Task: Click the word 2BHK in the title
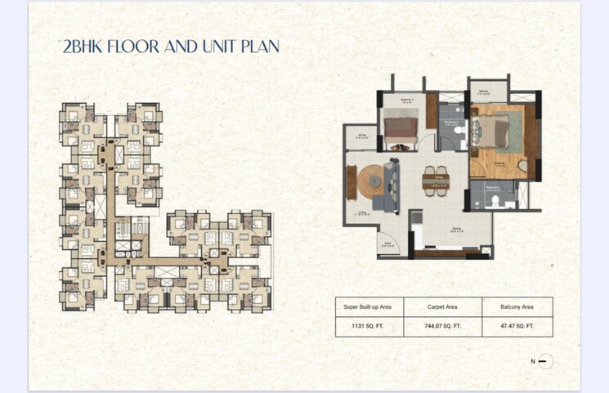tap(85, 46)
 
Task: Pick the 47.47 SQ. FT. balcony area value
tap(517, 325)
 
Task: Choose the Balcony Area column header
tap(517, 306)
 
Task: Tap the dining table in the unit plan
tap(435, 178)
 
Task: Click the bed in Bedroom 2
tap(401, 128)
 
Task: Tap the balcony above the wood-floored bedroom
tap(483, 92)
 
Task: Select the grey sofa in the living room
tap(388, 187)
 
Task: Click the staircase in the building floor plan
tap(100, 206)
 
